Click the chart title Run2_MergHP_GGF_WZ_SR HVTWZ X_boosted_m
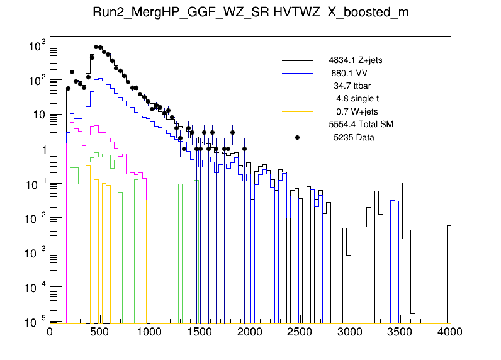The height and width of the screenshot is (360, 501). pos(250,14)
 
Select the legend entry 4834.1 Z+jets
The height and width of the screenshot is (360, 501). pos(355,60)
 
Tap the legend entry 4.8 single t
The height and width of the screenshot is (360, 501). pos(357,99)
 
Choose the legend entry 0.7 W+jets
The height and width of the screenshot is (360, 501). pos(356,111)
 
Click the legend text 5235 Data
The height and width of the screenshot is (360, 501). pos(354,137)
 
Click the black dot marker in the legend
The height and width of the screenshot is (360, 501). pos(298,137)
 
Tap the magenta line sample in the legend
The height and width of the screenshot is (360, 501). pos(298,86)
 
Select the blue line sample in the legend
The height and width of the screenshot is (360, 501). pos(298,73)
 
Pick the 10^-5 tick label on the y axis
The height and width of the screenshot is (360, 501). pos(31,322)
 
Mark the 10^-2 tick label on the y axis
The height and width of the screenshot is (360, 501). pos(31,219)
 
